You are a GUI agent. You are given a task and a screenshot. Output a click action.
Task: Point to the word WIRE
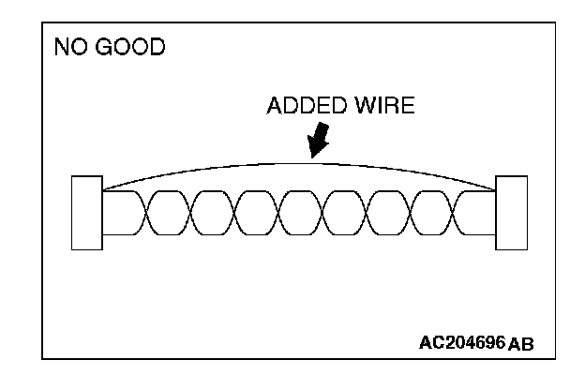coord(382,105)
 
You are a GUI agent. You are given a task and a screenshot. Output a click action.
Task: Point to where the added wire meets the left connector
coord(103,190)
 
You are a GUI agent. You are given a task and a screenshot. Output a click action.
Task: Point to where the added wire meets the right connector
coord(496,190)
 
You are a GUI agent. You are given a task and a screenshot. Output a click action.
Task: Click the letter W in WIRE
coord(360,105)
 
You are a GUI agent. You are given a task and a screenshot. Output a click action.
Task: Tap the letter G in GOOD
coord(103,47)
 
